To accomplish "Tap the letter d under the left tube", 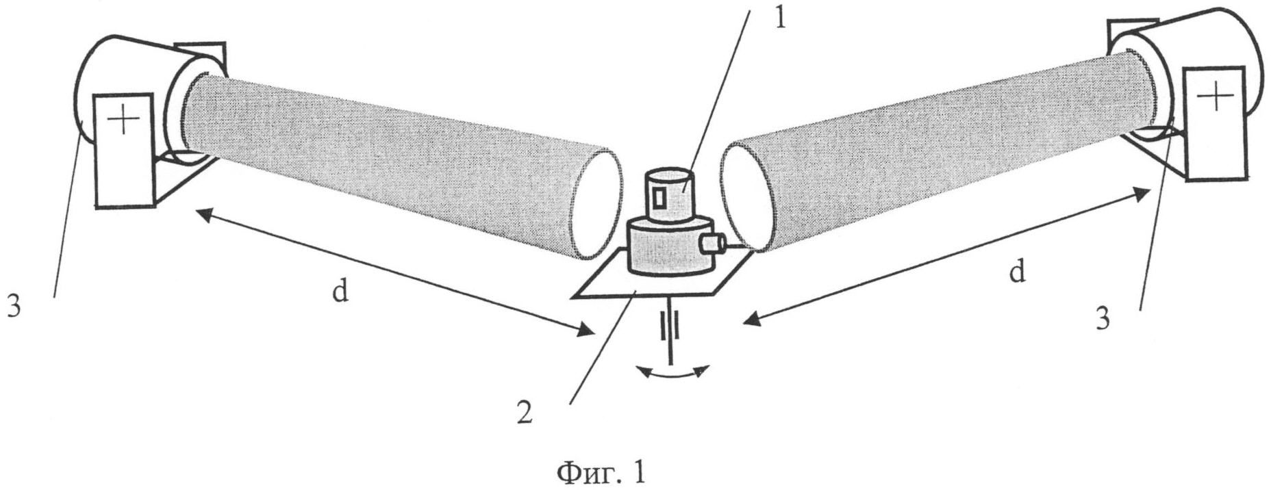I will coord(340,292).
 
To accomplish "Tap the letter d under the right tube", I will coord(1017,272).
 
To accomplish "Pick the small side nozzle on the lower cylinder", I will coord(712,242).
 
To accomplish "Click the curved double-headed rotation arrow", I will coord(671,373).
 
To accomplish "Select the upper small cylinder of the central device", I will coord(667,194).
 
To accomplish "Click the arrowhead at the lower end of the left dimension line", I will coord(585,332).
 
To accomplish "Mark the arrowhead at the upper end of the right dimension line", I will coord(1142,194).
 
